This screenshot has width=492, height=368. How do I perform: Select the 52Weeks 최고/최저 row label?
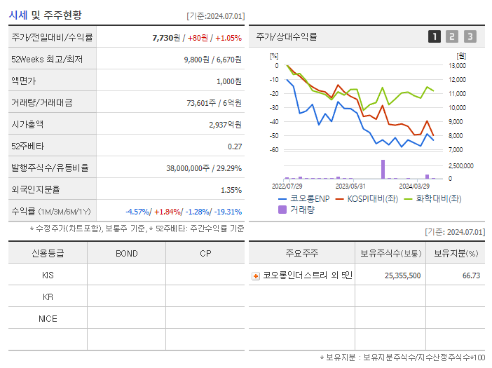click(47, 60)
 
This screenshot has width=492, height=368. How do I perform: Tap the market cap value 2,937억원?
click(225, 125)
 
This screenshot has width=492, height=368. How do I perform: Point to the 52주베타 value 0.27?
click(235, 146)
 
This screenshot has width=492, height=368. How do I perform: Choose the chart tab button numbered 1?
click(435, 36)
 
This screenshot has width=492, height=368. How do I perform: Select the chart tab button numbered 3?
click(470, 36)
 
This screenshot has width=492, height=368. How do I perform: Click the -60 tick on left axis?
click(274, 150)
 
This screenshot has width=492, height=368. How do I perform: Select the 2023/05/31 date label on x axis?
click(351, 186)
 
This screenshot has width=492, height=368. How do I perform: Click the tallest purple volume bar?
click(383, 170)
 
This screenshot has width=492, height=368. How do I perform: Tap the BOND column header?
click(126, 254)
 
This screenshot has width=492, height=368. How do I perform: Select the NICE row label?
click(48, 318)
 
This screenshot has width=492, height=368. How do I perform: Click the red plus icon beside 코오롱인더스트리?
click(256, 275)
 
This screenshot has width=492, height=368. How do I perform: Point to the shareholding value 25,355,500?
click(403, 275)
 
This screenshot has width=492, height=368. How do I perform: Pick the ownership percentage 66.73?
click(471, 275)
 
